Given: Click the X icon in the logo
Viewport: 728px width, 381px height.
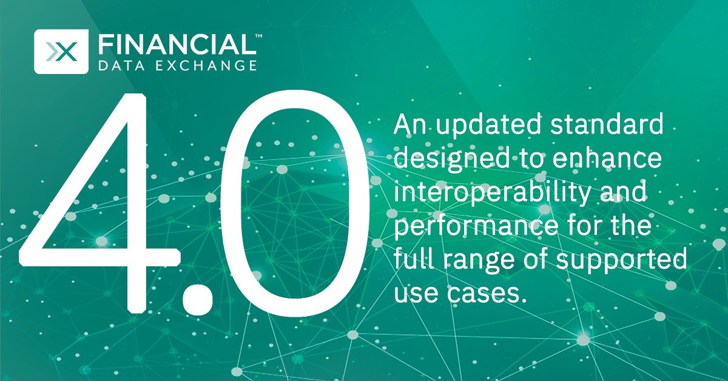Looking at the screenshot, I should click(62, 52).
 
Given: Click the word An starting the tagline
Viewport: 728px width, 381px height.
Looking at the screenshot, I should click(407, 128).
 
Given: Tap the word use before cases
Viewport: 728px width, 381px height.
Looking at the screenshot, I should click(415, 296).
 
